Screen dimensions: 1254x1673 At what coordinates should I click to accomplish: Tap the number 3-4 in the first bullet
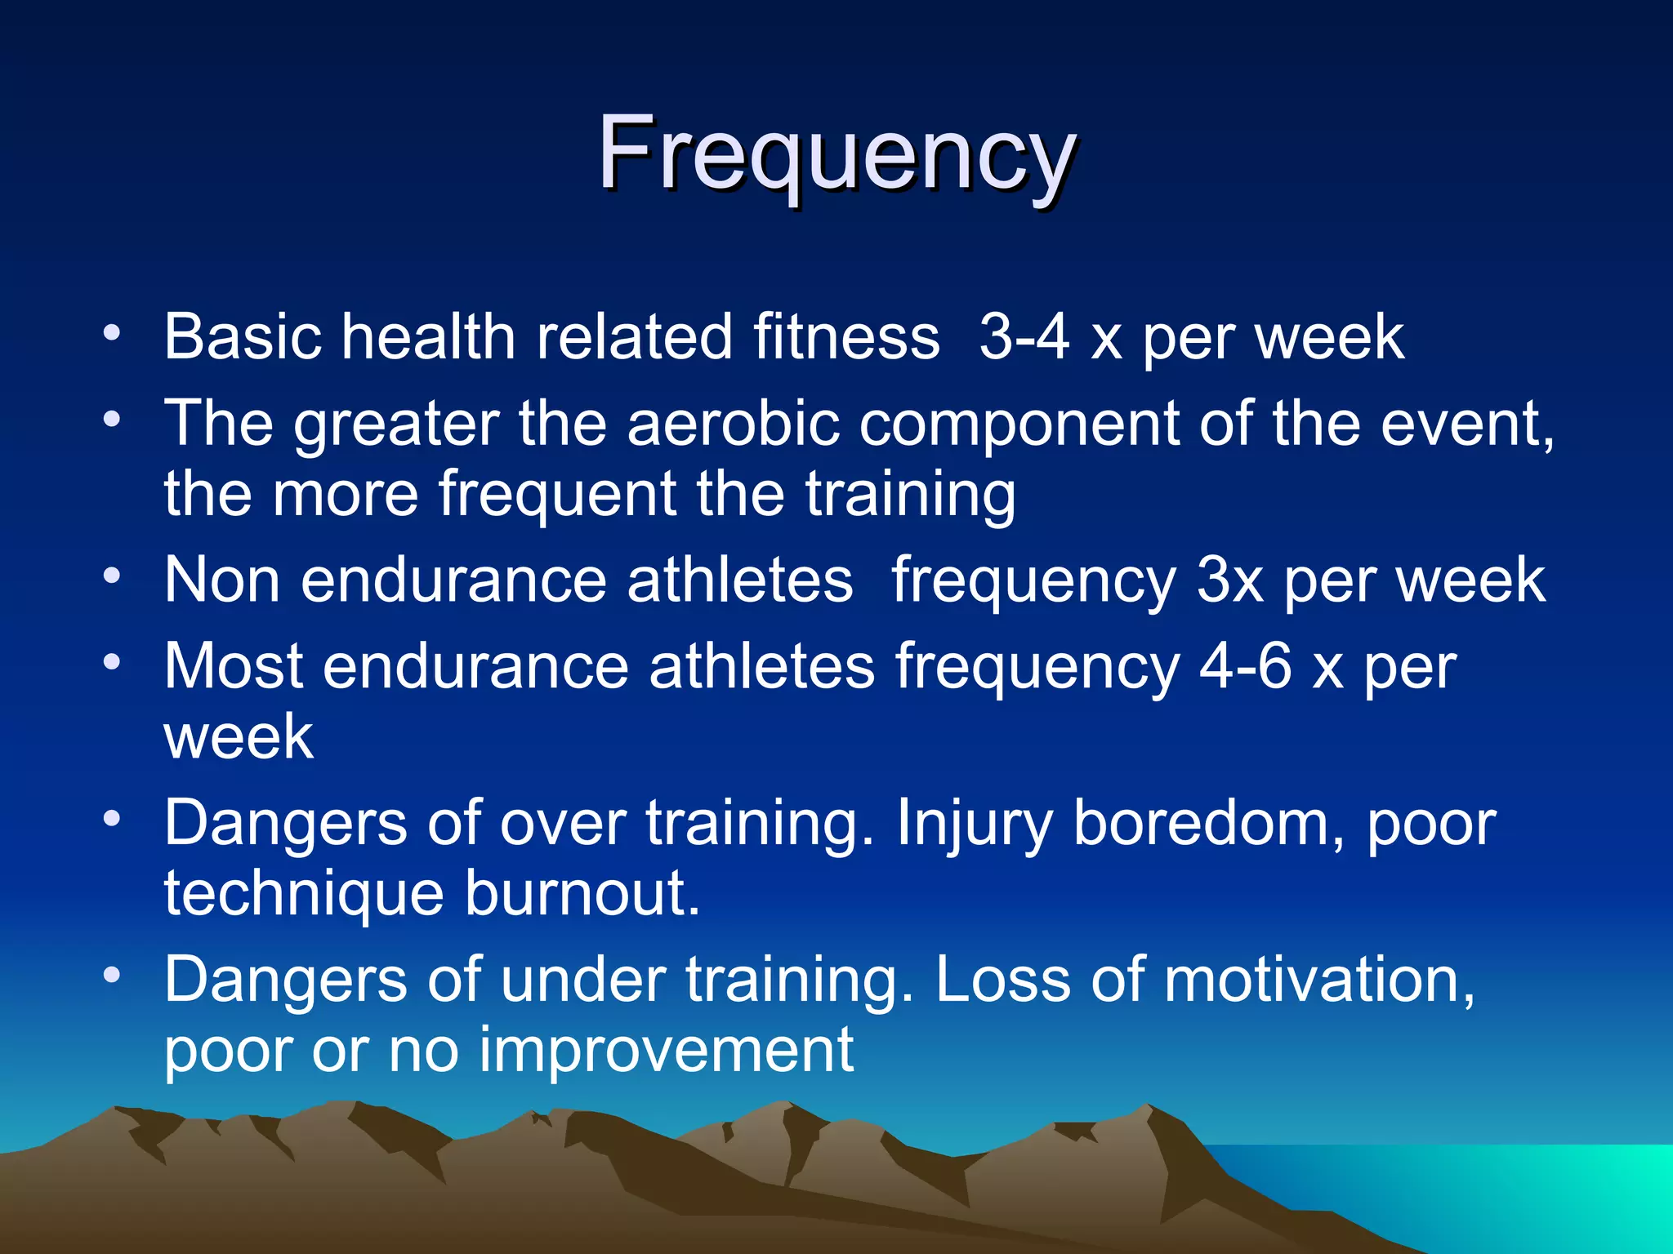tap(1024, 336)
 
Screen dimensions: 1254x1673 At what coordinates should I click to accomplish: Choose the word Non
tap(222, 580)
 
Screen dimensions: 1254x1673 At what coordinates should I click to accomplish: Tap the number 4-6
tap(1245, 666)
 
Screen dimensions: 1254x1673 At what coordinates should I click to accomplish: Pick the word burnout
tap(582, 893)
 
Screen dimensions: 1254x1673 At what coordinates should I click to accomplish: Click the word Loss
tap(1002, 980)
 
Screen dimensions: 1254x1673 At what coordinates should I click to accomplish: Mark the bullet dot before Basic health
tap(113, 333)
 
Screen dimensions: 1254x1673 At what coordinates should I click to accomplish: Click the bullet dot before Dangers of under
tap(113, 975)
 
